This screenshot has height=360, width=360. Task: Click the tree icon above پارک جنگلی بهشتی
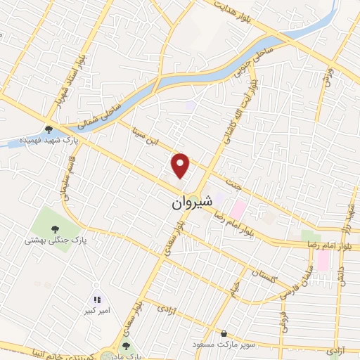click(54, 228)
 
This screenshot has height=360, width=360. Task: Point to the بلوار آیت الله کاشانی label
click(237, 111)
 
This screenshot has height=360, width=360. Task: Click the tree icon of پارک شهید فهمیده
click(49, 129)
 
